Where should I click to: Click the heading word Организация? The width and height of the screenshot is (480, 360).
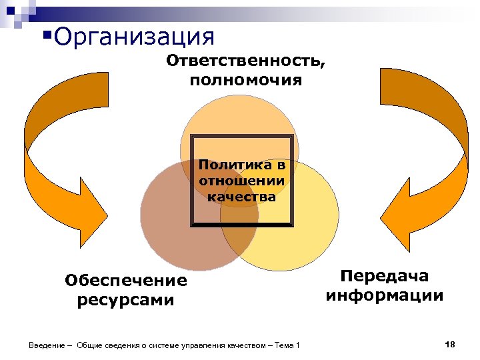[135, 37]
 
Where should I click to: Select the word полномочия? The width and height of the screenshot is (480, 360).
[245, 81]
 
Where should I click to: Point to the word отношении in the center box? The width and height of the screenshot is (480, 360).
[241, 181]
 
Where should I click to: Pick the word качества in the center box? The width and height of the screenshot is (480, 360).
[241, 197]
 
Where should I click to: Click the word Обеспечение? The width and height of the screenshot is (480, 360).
[126, 281]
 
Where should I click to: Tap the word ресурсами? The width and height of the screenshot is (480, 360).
[126, 300]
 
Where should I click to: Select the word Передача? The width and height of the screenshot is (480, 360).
[384, 276]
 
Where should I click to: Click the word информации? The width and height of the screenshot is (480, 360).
[385, 295]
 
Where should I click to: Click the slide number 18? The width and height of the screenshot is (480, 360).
[449, 344]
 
